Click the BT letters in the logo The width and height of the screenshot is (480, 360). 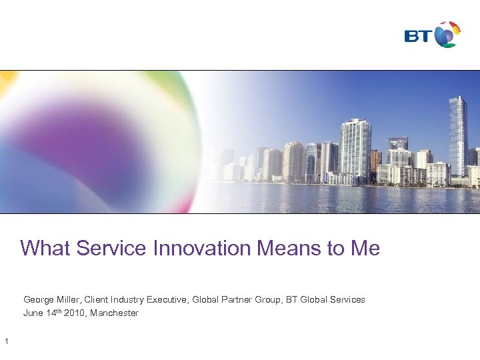pos(418,35)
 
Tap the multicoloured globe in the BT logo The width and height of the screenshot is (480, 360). pos(447,34)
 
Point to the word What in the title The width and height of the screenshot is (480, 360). pos(45,249)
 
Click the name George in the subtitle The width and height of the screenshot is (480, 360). pos(39,300)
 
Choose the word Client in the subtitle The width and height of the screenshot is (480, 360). pos(101,300)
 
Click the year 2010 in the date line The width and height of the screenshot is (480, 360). pos(75,313)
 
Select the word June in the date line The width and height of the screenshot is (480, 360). pos(33,313)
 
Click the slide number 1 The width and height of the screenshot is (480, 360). pos(6,343)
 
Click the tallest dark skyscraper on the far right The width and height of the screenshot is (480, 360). pos(457,137)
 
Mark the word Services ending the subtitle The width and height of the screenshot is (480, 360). pos(347,300)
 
